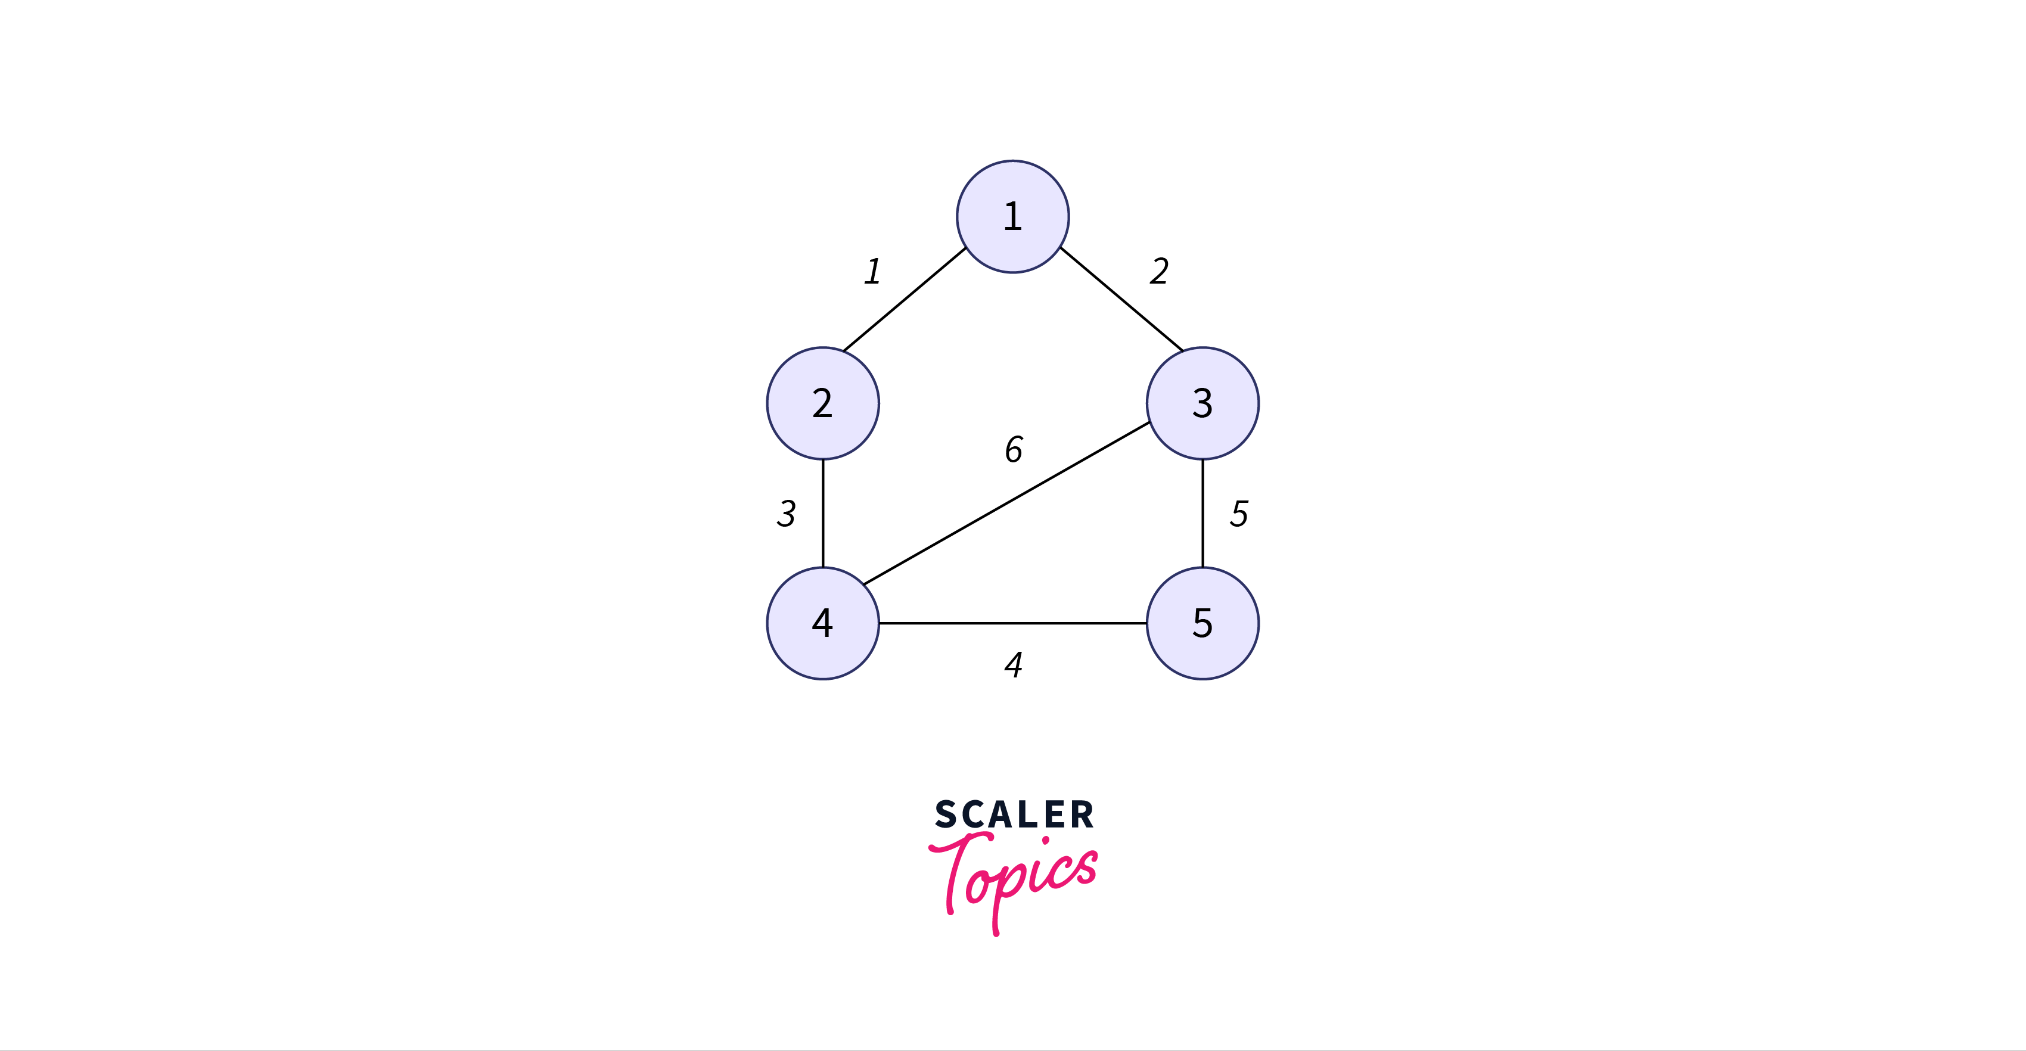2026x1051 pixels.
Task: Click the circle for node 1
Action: click(x=1012, y=216)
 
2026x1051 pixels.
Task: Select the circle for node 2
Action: click(x=823, y=403)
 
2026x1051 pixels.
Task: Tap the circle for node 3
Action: click(x=1202, y=403)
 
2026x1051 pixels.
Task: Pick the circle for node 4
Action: click(x=823, y=623)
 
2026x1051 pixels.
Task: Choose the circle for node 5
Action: click(x=1202, y=623)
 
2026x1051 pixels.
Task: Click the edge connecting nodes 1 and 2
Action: click(x=905, y=300)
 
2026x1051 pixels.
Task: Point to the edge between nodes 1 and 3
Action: click(x=1121, y=299)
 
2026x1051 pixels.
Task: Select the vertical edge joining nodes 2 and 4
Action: click(x=823, y=513)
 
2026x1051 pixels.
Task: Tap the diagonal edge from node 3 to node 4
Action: click(x=1006, y=503)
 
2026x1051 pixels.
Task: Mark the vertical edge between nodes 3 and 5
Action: click(x=1202, y=513)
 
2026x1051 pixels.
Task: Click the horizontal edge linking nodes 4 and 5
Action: click(x=1013, y=623)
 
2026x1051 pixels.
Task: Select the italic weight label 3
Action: click(x=787, y=513)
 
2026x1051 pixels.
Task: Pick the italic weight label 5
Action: click(x=1239, y=513)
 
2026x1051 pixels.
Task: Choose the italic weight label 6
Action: click(x=1014, y=449)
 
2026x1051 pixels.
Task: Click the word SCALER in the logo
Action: click(x=1014, y=814)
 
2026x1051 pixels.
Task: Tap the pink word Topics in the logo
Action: click(x=1013, y=881)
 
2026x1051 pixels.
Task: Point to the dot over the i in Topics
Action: click(x=1045, y=841)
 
